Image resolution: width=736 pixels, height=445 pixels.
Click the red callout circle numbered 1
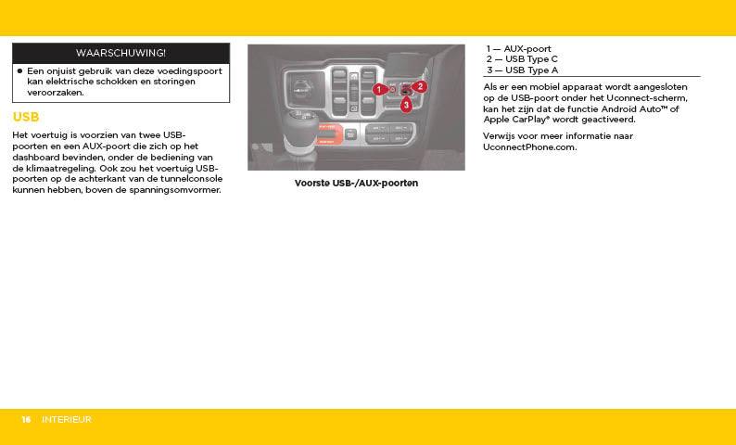pos(379,89)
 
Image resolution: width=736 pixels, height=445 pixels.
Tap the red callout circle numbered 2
pos(420,86)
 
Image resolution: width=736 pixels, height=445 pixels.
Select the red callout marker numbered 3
pos(406,105)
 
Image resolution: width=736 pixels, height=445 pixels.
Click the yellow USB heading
pos(26,118)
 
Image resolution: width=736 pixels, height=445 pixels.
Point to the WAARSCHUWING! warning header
pos(121,53)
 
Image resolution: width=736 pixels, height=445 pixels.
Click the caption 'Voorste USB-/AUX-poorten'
pos(356,184)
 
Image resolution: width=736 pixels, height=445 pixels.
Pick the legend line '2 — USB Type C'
pos(522,59)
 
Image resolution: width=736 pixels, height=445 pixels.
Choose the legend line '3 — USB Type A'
pos(522,70)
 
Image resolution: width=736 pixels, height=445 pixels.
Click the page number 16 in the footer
pos(27,420)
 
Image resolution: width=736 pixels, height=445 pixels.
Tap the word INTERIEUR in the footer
pos(67,420)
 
